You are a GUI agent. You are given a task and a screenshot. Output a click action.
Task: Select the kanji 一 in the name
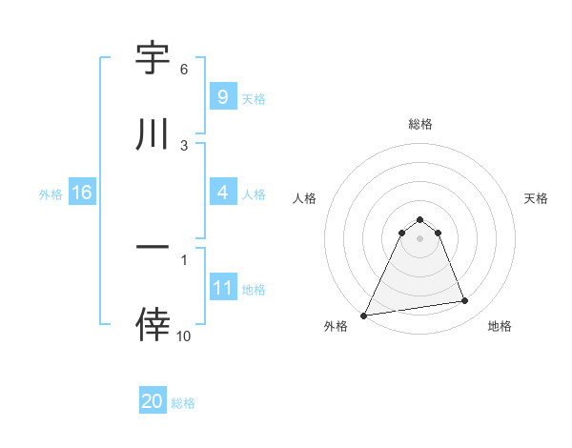(x=153, y=247)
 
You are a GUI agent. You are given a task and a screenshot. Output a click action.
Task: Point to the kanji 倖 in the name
(x=153, y=324)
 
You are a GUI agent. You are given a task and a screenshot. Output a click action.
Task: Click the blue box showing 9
(x=222, y=96)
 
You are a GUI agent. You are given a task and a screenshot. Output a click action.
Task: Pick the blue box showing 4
(x=222, y=193)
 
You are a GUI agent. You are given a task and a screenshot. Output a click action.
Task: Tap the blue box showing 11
(x=222, y=288)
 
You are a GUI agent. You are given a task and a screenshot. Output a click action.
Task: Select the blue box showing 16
(x=82, y=193)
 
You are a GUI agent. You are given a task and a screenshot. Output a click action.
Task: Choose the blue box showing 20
(x=153, y=401)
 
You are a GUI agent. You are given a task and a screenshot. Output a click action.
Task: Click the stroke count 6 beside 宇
(x=184, y=70)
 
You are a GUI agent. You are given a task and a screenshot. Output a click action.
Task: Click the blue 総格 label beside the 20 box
(x=183, y=403)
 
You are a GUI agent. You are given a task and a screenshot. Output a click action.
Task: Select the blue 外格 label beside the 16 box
(x=51, y=193)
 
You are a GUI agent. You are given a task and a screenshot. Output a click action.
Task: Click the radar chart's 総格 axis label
(x=420, y=124)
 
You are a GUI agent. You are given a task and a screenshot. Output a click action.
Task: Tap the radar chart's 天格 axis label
(x=537, y=198)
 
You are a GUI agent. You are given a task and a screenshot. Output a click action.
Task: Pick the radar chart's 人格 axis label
(x=305, y=198)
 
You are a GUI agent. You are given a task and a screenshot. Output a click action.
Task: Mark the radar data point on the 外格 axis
(x=364, y=315)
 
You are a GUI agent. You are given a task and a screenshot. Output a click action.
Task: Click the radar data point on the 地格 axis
(x=465, y=301)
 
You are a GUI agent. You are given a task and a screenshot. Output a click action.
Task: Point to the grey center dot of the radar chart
(x=419, y=237)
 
